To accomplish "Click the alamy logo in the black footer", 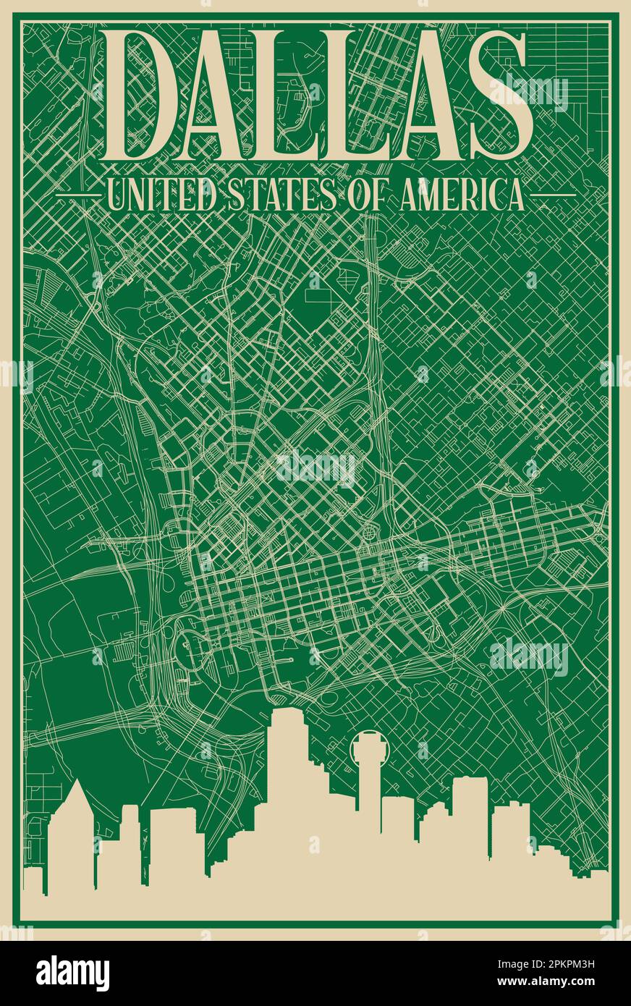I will tap(72, 973).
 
